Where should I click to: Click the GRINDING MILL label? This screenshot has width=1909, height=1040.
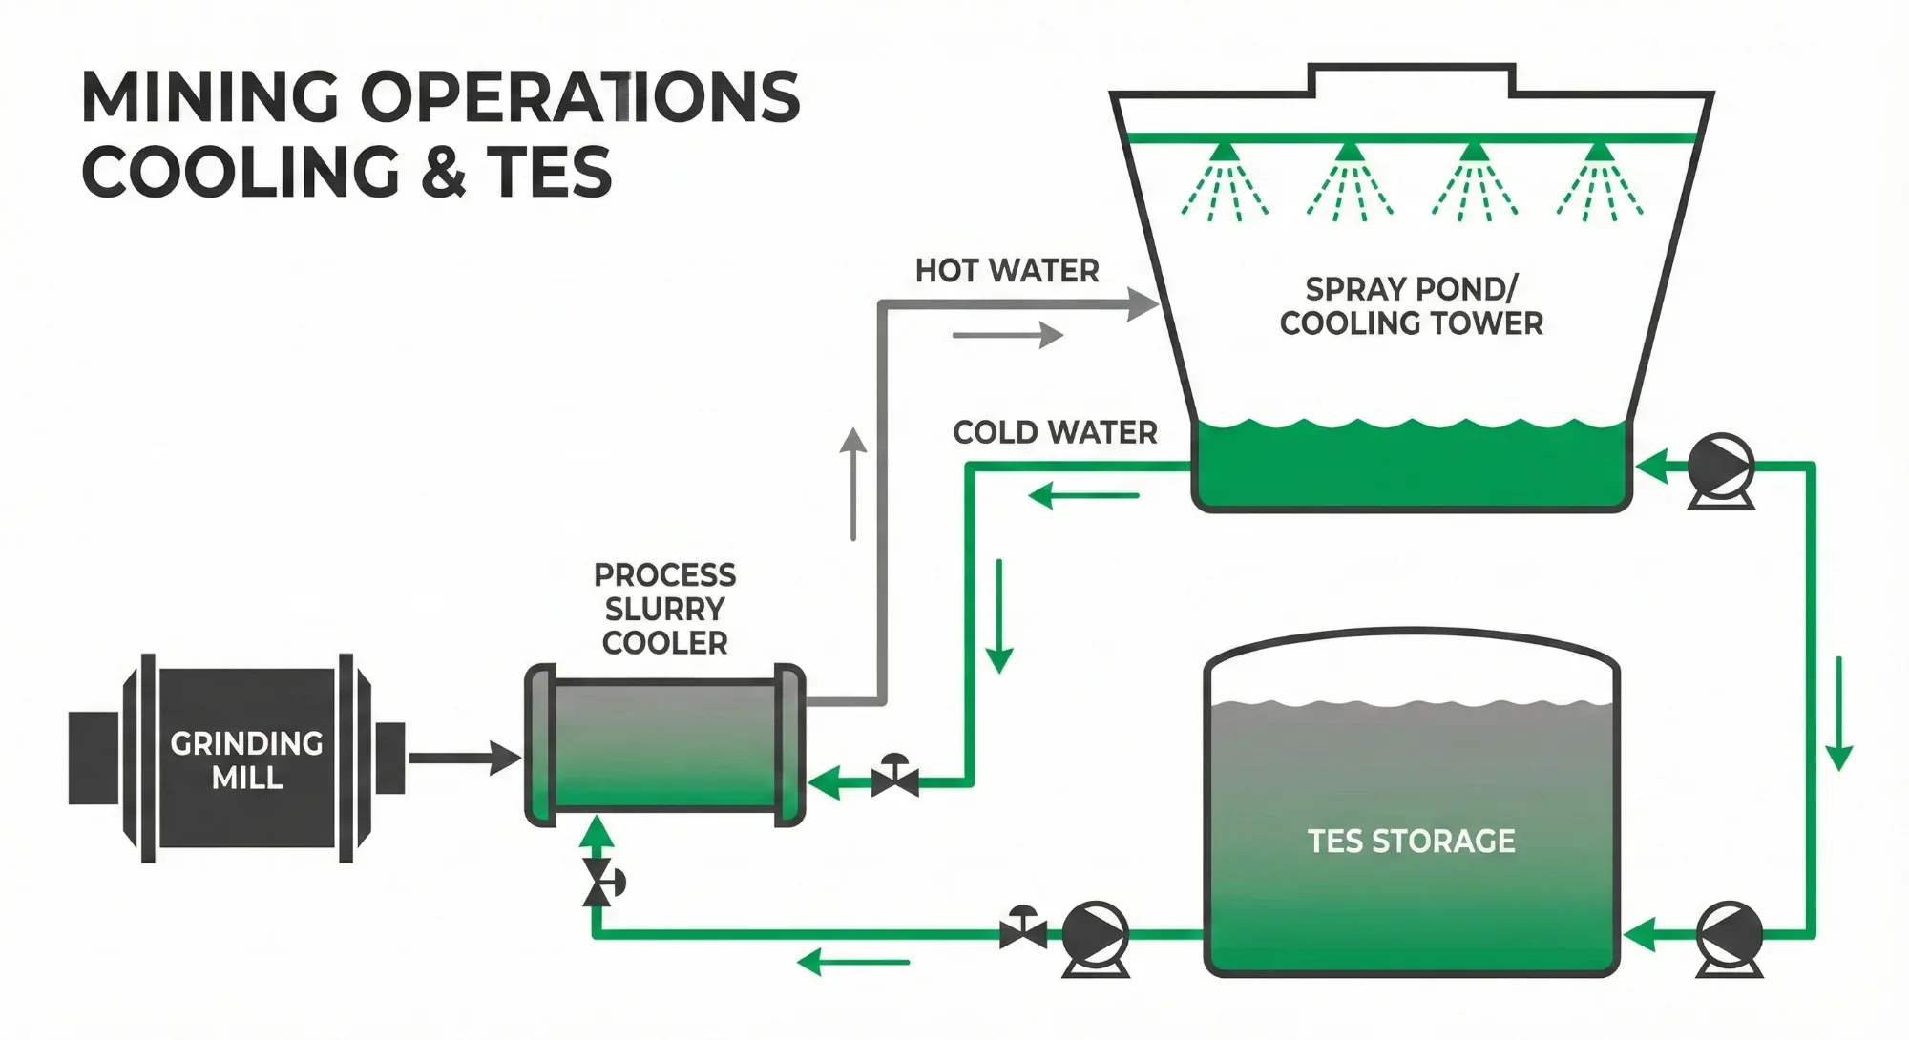(246, 760)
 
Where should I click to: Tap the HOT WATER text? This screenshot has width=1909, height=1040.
(1007, 271)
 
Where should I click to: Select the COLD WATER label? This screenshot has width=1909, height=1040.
(1055, 432)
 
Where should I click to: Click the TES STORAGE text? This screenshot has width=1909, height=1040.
(1411, 841)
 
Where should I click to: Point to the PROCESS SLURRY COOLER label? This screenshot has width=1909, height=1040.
(665, 609)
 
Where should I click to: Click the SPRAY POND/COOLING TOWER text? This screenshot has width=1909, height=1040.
(1411, 305)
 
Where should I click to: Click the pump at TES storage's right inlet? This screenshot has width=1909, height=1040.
(1730, 934)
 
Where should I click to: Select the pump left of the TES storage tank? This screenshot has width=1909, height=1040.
(1096, 934)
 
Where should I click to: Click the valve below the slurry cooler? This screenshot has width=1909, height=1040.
(600, 882)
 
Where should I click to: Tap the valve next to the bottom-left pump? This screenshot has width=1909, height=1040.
(1022, 928)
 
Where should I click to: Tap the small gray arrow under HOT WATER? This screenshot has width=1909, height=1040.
(1008, 335)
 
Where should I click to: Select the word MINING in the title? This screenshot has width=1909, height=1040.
(210, 97)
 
